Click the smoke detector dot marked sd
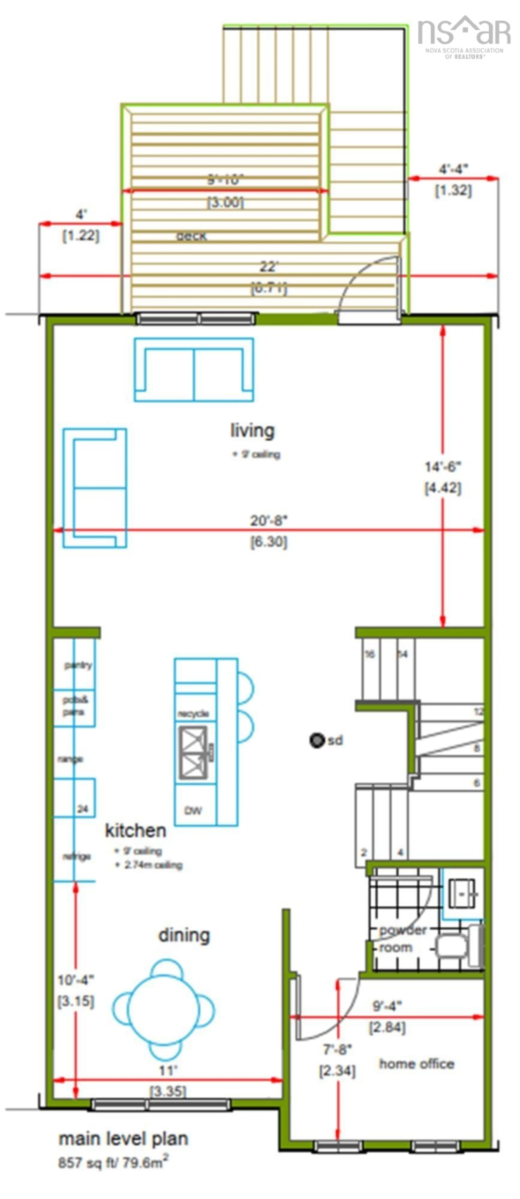pyautogui.click(x=317, y=740)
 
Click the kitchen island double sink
pyautogui.click(x=194, y=753)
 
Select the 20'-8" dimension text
pyautogui.click(x=269, y=520)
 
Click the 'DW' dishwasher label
pyautogui.click(x=193, y=810)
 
